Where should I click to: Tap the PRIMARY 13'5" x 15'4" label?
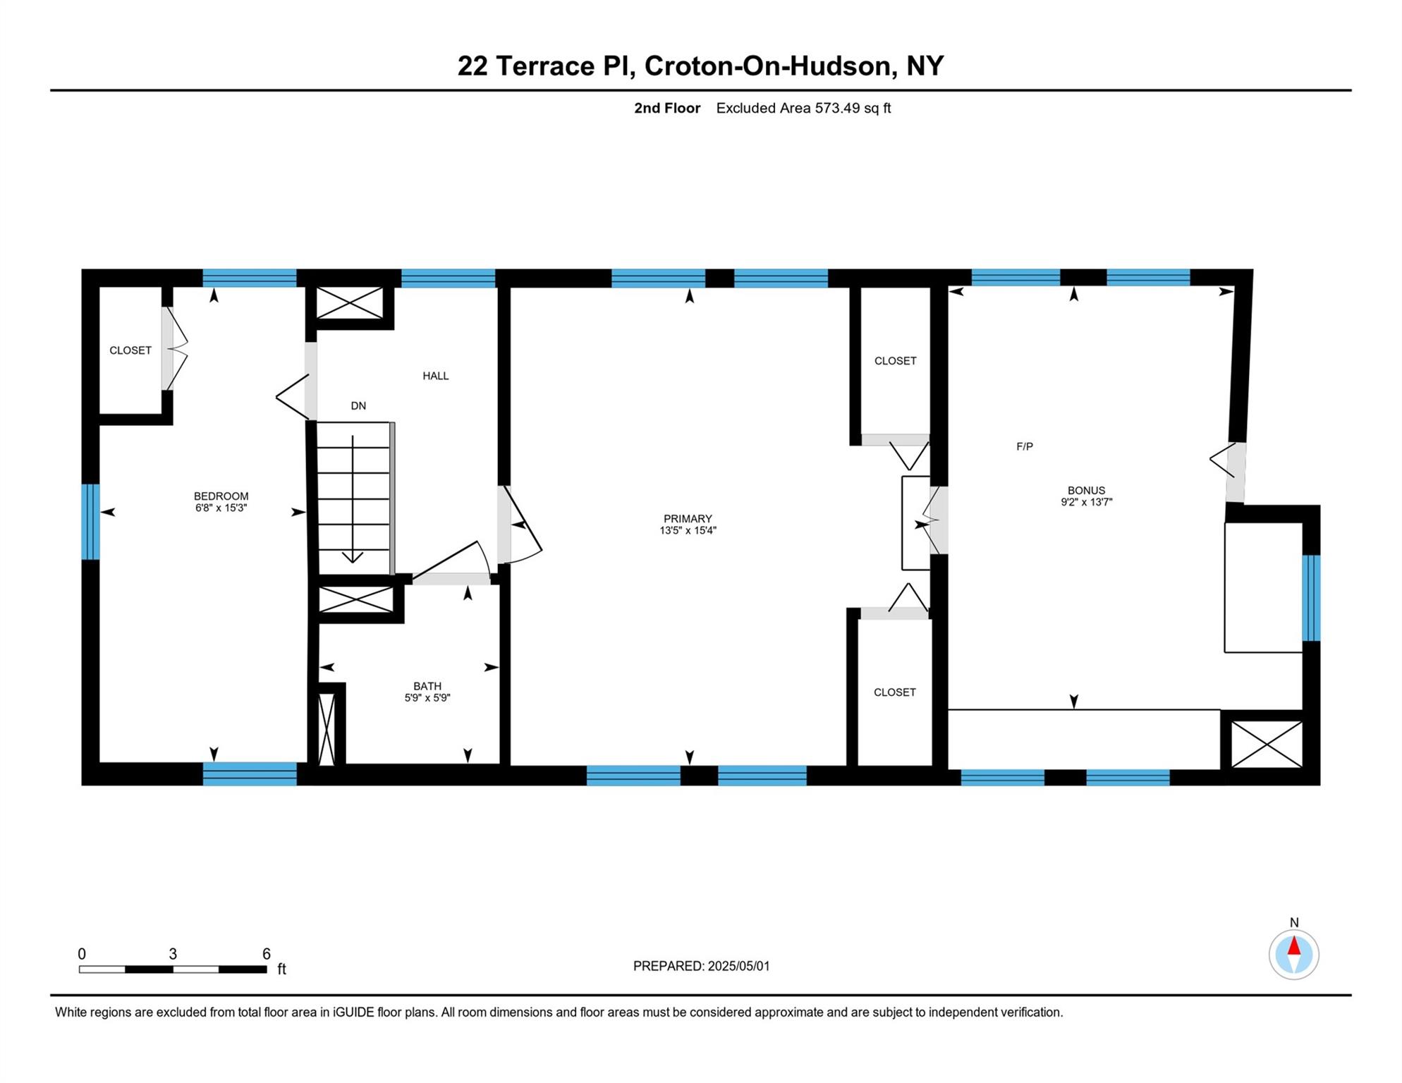point(688,524)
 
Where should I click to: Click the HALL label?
point(435,376)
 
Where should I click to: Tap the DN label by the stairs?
point(358,405)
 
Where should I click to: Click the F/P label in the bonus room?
point(1025,446)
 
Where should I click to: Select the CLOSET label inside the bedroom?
point(130,350)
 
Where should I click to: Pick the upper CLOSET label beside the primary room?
point(895,360)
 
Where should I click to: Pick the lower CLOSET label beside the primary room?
point(894,692)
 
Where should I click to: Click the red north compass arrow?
point(1294,946)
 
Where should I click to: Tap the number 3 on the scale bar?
point(173,953)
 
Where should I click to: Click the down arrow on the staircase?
point(353,557)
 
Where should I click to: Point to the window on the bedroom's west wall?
point(90,521)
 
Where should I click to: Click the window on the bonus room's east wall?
point(1311,597)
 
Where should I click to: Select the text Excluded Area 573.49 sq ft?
point(803,108)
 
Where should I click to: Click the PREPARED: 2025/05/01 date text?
point(701,965)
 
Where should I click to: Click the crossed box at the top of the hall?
point(349,303)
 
